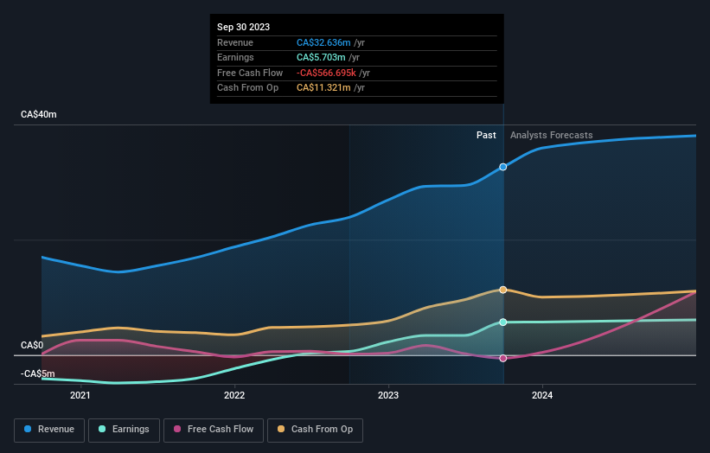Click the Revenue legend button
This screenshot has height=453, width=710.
[x=50, y=430]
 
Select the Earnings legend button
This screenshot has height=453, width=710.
[x=123, y=430]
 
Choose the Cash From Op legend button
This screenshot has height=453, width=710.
[x=315, y=430]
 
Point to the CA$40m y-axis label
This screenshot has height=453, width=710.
[x=39, y=115]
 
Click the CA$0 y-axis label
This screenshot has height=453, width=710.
[x=32, y=346]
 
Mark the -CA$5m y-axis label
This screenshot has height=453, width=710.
[x=38, y=373]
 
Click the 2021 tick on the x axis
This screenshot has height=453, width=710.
[x=80, y=396]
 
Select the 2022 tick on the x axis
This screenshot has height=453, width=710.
[x=234, y=396]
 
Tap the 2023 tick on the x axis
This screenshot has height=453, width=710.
[x=388, y=396]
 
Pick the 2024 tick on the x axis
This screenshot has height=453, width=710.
[x=542, y=396]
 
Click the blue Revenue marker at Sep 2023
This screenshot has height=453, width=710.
[x=503, y=167]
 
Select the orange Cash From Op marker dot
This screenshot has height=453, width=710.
[x=503, y=290]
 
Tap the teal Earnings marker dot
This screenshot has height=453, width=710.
[x=503, y=322]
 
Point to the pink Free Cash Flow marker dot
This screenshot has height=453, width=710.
[x=503, y=358]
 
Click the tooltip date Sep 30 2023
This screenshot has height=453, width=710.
[x=245, y=28]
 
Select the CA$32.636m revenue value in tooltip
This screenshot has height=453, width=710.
[x=323, y=42]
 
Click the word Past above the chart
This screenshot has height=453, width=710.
[x=486, y=135]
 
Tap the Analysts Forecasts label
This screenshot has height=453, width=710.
[x=552, y=135]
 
